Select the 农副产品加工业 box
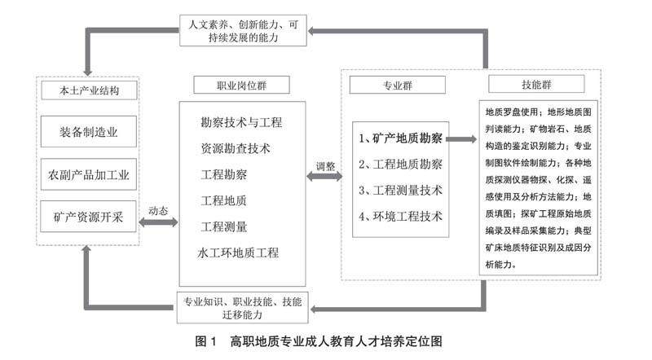pyautogui.click(x=89, y=174)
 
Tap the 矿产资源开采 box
pyautogui.click(x=89, y=217)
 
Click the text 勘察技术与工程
pyautogui.click(x=241, y=123)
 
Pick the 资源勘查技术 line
pyautogui.click(x=236, y=149)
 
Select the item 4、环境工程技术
pyautogui.click(x=401, y=216)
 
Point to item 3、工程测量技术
pyautogui.click(x=401, y=190)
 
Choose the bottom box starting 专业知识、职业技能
pyautogui.click(x=239, y=307)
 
